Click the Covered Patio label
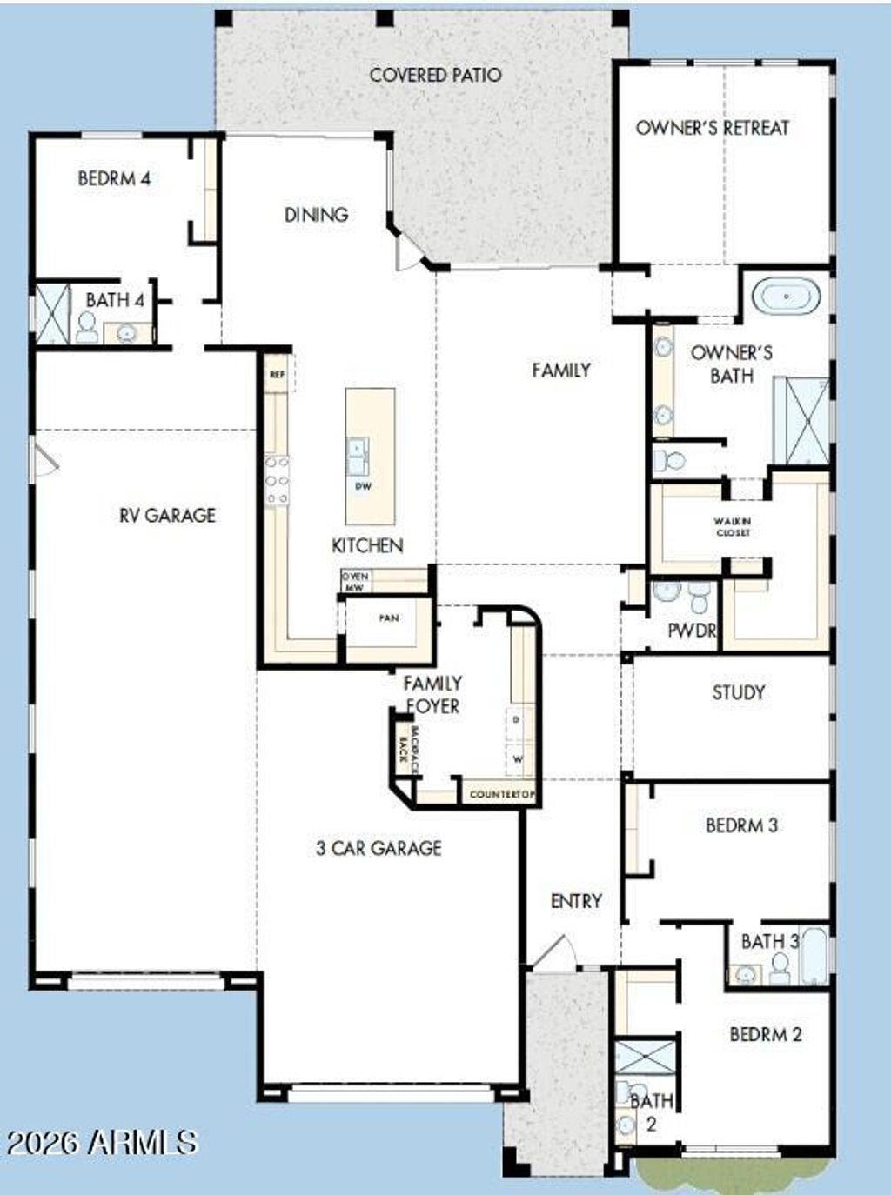tap(435, 75)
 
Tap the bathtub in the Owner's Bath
tap(786, 297)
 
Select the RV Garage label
tap(167, 515)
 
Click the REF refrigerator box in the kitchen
tap(277, 375)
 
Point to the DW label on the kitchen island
tap(363, 486)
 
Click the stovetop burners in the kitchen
tap(277, 481)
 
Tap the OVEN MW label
tap(355, 582)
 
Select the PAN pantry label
tap(389, 618)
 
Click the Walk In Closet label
tap(733, 527)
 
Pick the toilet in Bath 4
tap(86, 327)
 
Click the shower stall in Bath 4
tap(51, 311)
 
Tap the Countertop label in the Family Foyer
tap(500, 794)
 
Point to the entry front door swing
tap(552, 951)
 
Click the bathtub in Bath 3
tap(814, 958)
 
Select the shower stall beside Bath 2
tap(645, 1057)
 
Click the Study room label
tap(739, 692)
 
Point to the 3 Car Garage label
tap(379, 848)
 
